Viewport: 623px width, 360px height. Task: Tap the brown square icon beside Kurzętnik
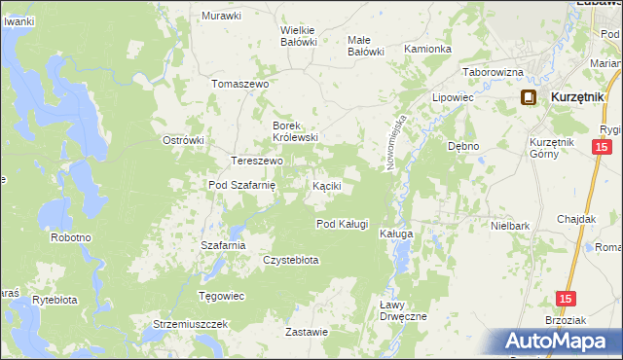529,97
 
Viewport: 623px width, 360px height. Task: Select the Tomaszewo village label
239,84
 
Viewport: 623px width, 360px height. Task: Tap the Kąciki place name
325,185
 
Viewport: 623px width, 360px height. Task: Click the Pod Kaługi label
343,224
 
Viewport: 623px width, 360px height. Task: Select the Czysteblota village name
291,260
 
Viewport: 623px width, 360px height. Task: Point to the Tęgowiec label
221,296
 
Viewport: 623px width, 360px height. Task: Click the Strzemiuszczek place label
190,323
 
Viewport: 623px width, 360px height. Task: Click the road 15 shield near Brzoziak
566,300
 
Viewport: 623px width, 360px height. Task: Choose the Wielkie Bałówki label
299,35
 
